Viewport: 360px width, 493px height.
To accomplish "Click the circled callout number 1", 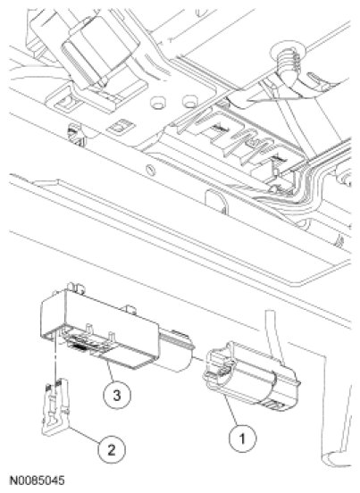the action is (242, 438).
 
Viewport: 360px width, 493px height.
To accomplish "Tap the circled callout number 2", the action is (112, 450).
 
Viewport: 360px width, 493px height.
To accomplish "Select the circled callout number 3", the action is (117, 394).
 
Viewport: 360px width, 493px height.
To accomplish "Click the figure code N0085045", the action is (38, 480).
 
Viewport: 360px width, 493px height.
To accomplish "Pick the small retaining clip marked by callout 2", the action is (56, 406).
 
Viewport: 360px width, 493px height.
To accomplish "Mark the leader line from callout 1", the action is (230, 410).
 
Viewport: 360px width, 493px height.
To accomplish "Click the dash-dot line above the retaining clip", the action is (56, 357).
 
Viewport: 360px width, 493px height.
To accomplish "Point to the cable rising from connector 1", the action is (274, 337).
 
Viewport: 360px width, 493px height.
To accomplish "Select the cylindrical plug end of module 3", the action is (175, 351).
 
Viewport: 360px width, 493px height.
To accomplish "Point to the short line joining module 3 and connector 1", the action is (198, 358).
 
